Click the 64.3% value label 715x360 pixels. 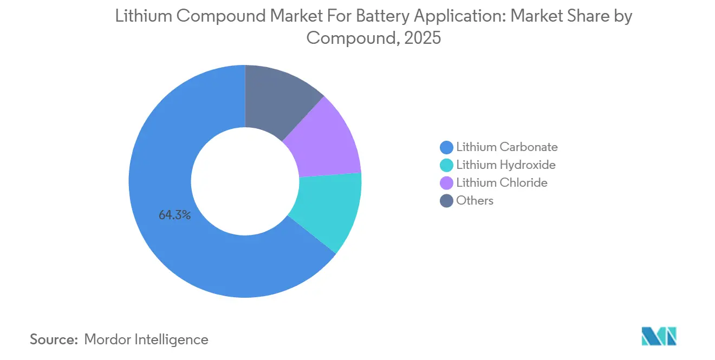(x=174, y=215)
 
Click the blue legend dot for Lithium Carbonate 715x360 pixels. (x=447, y=147)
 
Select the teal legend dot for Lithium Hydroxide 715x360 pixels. (x=447, y=165)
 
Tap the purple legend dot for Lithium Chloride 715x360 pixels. (x=447, y=182)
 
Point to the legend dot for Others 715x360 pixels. (x=447, y=200)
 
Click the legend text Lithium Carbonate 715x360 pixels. (x=506, y=147)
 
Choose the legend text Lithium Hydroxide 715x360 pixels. (x=506, y=165)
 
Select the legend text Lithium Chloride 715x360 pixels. (x=502, y=182)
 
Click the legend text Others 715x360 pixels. (x=474, y=200)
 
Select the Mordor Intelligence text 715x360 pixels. (x=146, y=339)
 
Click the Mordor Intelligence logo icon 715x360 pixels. (x=659, y=336)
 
